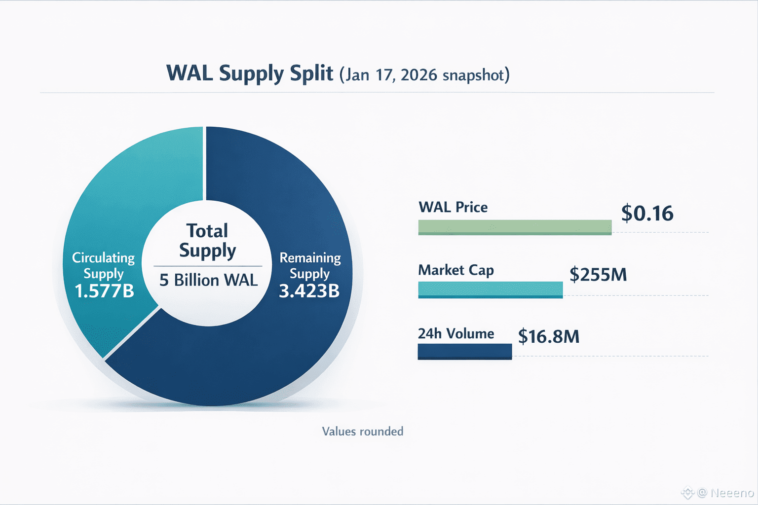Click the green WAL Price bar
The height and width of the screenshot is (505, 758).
[515, 227]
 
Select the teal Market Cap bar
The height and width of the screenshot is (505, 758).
[490, 289]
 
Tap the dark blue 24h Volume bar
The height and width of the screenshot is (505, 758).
[464, 352]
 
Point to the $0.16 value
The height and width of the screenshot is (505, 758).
[647, 213]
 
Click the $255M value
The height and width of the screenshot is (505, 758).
[598, 274]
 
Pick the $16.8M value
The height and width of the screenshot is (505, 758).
[548, 337]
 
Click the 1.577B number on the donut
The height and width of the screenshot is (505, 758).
[104, 291]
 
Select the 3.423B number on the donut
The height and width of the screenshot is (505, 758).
[309, 291]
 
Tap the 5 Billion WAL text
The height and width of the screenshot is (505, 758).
[208, 280]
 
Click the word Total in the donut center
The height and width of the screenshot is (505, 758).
[207, 230]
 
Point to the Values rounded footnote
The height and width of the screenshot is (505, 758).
[363, 432]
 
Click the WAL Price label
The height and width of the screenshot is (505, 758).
[453, 207]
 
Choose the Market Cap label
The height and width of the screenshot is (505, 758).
[456, 270]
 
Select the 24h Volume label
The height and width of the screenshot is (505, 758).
[456, 334]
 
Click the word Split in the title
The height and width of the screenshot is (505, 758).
[311, 73]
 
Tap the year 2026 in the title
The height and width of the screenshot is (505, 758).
[418, 75]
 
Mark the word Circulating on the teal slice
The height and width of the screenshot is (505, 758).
[103, 257]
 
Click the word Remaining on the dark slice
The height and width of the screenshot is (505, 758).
[310, 257]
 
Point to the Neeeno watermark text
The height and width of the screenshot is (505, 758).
[732, 493]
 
